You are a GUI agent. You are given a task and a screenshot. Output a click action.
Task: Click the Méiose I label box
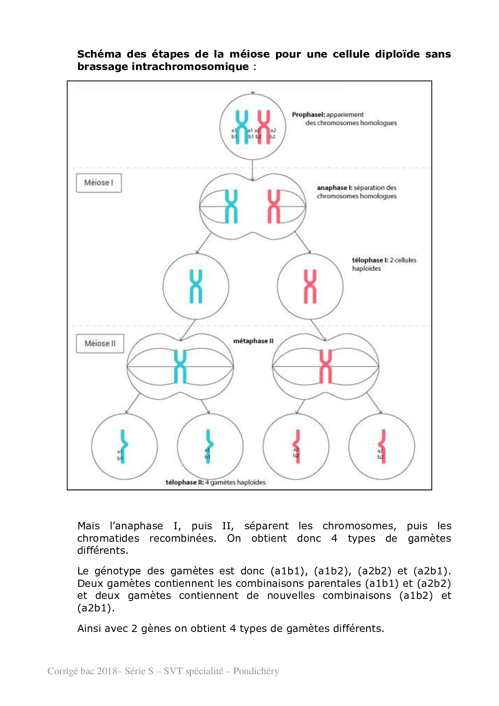[99, 183]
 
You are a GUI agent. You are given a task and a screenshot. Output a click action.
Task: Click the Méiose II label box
[100, 344]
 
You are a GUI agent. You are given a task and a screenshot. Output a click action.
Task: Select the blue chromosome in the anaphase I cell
[231, 206]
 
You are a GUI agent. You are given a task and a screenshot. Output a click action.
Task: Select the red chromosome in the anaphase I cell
[274, 206]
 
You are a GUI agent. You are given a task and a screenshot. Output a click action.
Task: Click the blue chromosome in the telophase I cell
[196, 286]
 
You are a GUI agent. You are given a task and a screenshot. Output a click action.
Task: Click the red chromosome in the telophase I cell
[310, 286]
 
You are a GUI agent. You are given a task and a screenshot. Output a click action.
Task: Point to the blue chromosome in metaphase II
[180, 366]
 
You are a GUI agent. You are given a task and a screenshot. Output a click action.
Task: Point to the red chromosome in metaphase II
[326, 366]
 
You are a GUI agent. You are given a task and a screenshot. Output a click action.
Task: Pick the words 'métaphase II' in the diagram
[253, 341]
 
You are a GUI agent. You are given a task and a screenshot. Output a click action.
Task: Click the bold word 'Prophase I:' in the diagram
[308, 115]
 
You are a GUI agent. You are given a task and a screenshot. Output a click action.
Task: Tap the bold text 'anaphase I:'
[334, 188]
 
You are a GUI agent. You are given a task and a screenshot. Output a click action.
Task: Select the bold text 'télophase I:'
[370, 260]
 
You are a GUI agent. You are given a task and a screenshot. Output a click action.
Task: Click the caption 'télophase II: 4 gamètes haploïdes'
[215, 482]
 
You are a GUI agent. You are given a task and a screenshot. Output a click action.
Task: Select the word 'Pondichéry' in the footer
[256, 671]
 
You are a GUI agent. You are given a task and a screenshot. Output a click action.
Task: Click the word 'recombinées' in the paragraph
[183, 538]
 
